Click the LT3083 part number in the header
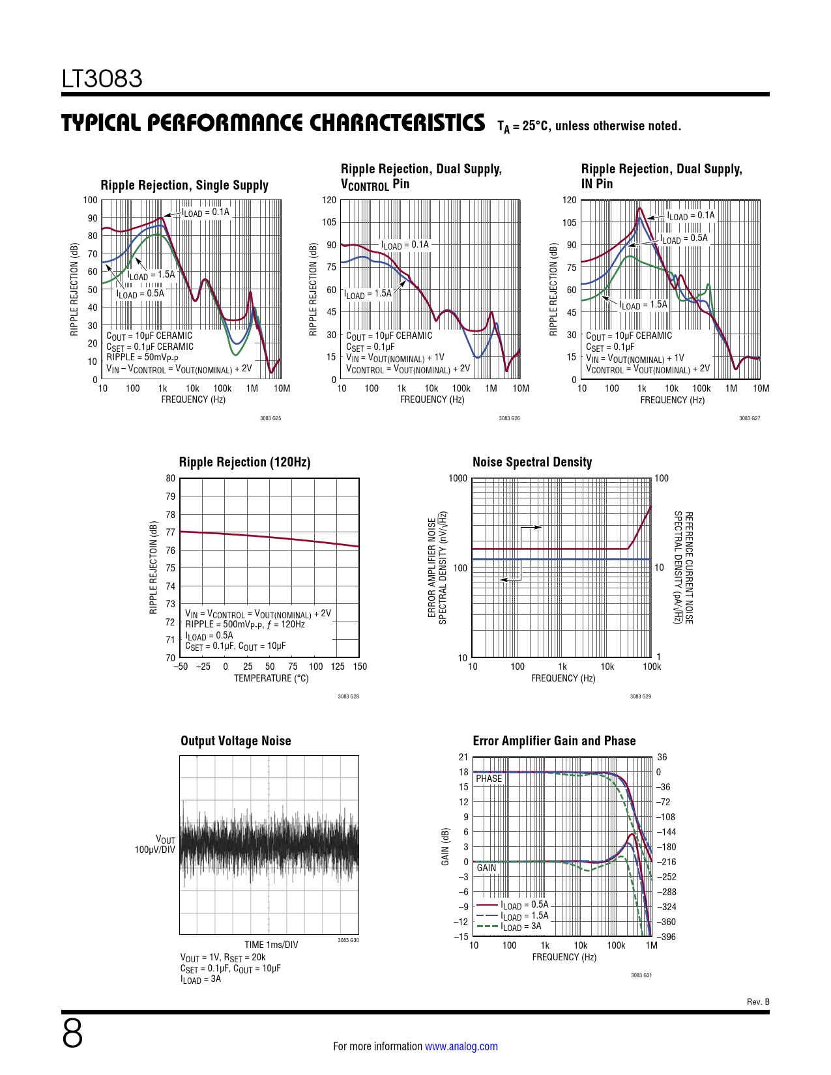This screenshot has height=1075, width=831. [x=102, y=79]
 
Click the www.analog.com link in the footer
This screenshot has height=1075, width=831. [x=461, y=1046]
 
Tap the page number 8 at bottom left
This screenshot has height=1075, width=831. [x=72, y=1034]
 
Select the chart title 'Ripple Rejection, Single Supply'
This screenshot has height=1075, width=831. [x=184, y=186]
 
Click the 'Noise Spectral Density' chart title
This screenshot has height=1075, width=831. [x=532, y=463]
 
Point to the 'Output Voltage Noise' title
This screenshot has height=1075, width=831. [x=235, y=741]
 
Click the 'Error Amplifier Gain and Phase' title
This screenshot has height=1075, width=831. [x=554, y=741]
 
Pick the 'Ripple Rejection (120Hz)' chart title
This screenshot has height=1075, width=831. [x=244, y=463]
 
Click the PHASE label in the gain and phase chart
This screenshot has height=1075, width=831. [x=489, y=779]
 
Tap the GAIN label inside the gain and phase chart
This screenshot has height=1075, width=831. [x=486, y=868]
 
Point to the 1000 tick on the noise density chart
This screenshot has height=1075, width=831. [x=458, y=479]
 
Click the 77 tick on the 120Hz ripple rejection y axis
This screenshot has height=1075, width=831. [x=170, y=532]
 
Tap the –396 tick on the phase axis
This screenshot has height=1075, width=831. [x=667, y=937]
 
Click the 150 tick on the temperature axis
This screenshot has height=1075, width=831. [x=360, y=666]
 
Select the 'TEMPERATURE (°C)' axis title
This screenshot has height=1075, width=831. [x=271, y=678]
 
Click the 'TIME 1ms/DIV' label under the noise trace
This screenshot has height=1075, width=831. [x=271, y=945]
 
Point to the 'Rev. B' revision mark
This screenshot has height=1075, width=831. [x=758, y=1002]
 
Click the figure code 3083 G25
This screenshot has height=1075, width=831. [x=270, y=418]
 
